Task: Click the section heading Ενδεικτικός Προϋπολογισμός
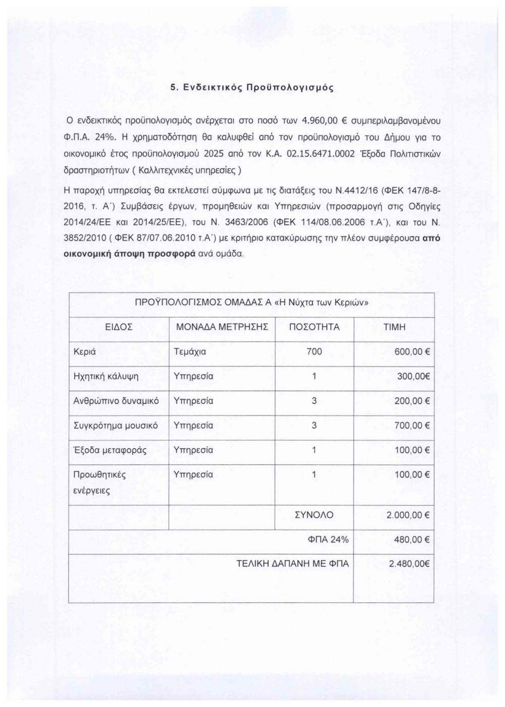coord(252,87)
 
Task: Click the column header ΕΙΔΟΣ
coord(119,327)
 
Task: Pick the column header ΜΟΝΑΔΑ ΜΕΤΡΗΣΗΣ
coord(222,327)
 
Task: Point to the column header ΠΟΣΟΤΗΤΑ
coord(314,327)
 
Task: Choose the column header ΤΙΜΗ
coord(394,327)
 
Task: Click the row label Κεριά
coord(85,352)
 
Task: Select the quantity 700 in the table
coord(314,352)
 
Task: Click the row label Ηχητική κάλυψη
coord(106,376)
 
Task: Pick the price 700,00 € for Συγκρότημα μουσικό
coord(412,426)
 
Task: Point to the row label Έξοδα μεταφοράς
coord(110,450)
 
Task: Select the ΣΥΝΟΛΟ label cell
coord(314,515)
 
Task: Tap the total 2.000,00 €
coord(408,516)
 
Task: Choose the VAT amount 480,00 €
coord(412,540)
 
